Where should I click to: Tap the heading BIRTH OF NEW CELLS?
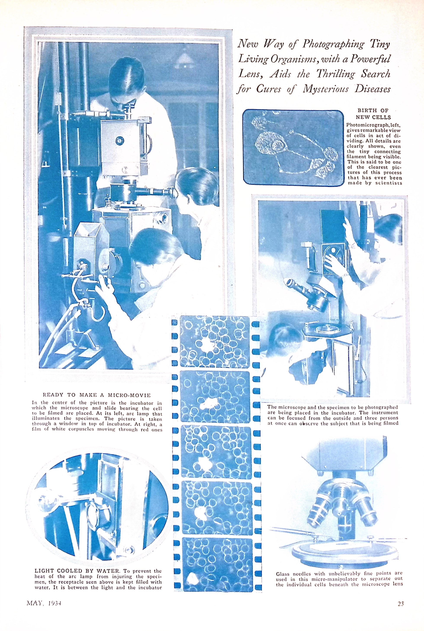[373, 114]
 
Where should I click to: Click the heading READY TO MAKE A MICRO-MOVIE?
[96, 395]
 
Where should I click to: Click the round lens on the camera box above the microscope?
[119, 140]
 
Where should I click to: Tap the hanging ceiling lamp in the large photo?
[184, 58]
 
